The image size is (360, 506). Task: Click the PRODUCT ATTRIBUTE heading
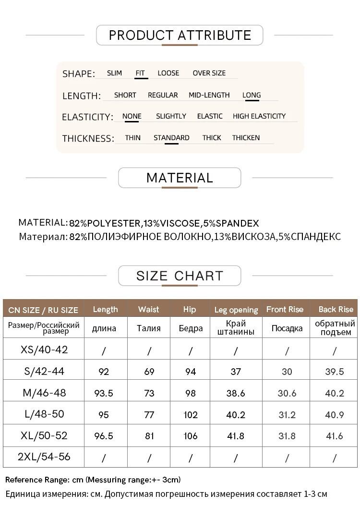[180, 35]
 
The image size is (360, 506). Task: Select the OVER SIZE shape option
[209, 73]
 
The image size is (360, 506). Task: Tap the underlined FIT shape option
[140, 73]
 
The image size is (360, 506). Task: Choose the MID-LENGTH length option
[209, 95]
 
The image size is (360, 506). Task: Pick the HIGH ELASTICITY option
[259, 116]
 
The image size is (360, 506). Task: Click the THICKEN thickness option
[246, 138]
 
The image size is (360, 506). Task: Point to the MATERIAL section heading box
[180, 178]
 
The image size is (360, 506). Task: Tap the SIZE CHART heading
[180, 276]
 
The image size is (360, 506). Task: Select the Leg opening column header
[236, 310]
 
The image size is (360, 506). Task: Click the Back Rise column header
[336, 309]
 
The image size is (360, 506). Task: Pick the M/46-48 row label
[45, 393]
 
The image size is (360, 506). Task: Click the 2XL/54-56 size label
[44, 457]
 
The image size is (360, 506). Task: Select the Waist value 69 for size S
[149, 372]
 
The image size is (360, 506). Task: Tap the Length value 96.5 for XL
[104, 436]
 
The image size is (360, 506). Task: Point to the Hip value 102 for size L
[191, 414]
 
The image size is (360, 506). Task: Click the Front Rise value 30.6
[287, 393]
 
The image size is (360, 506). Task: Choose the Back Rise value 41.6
[335, 436]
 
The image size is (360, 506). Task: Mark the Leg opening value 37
[236, 372]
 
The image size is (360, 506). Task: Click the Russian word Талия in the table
[149, 328]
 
